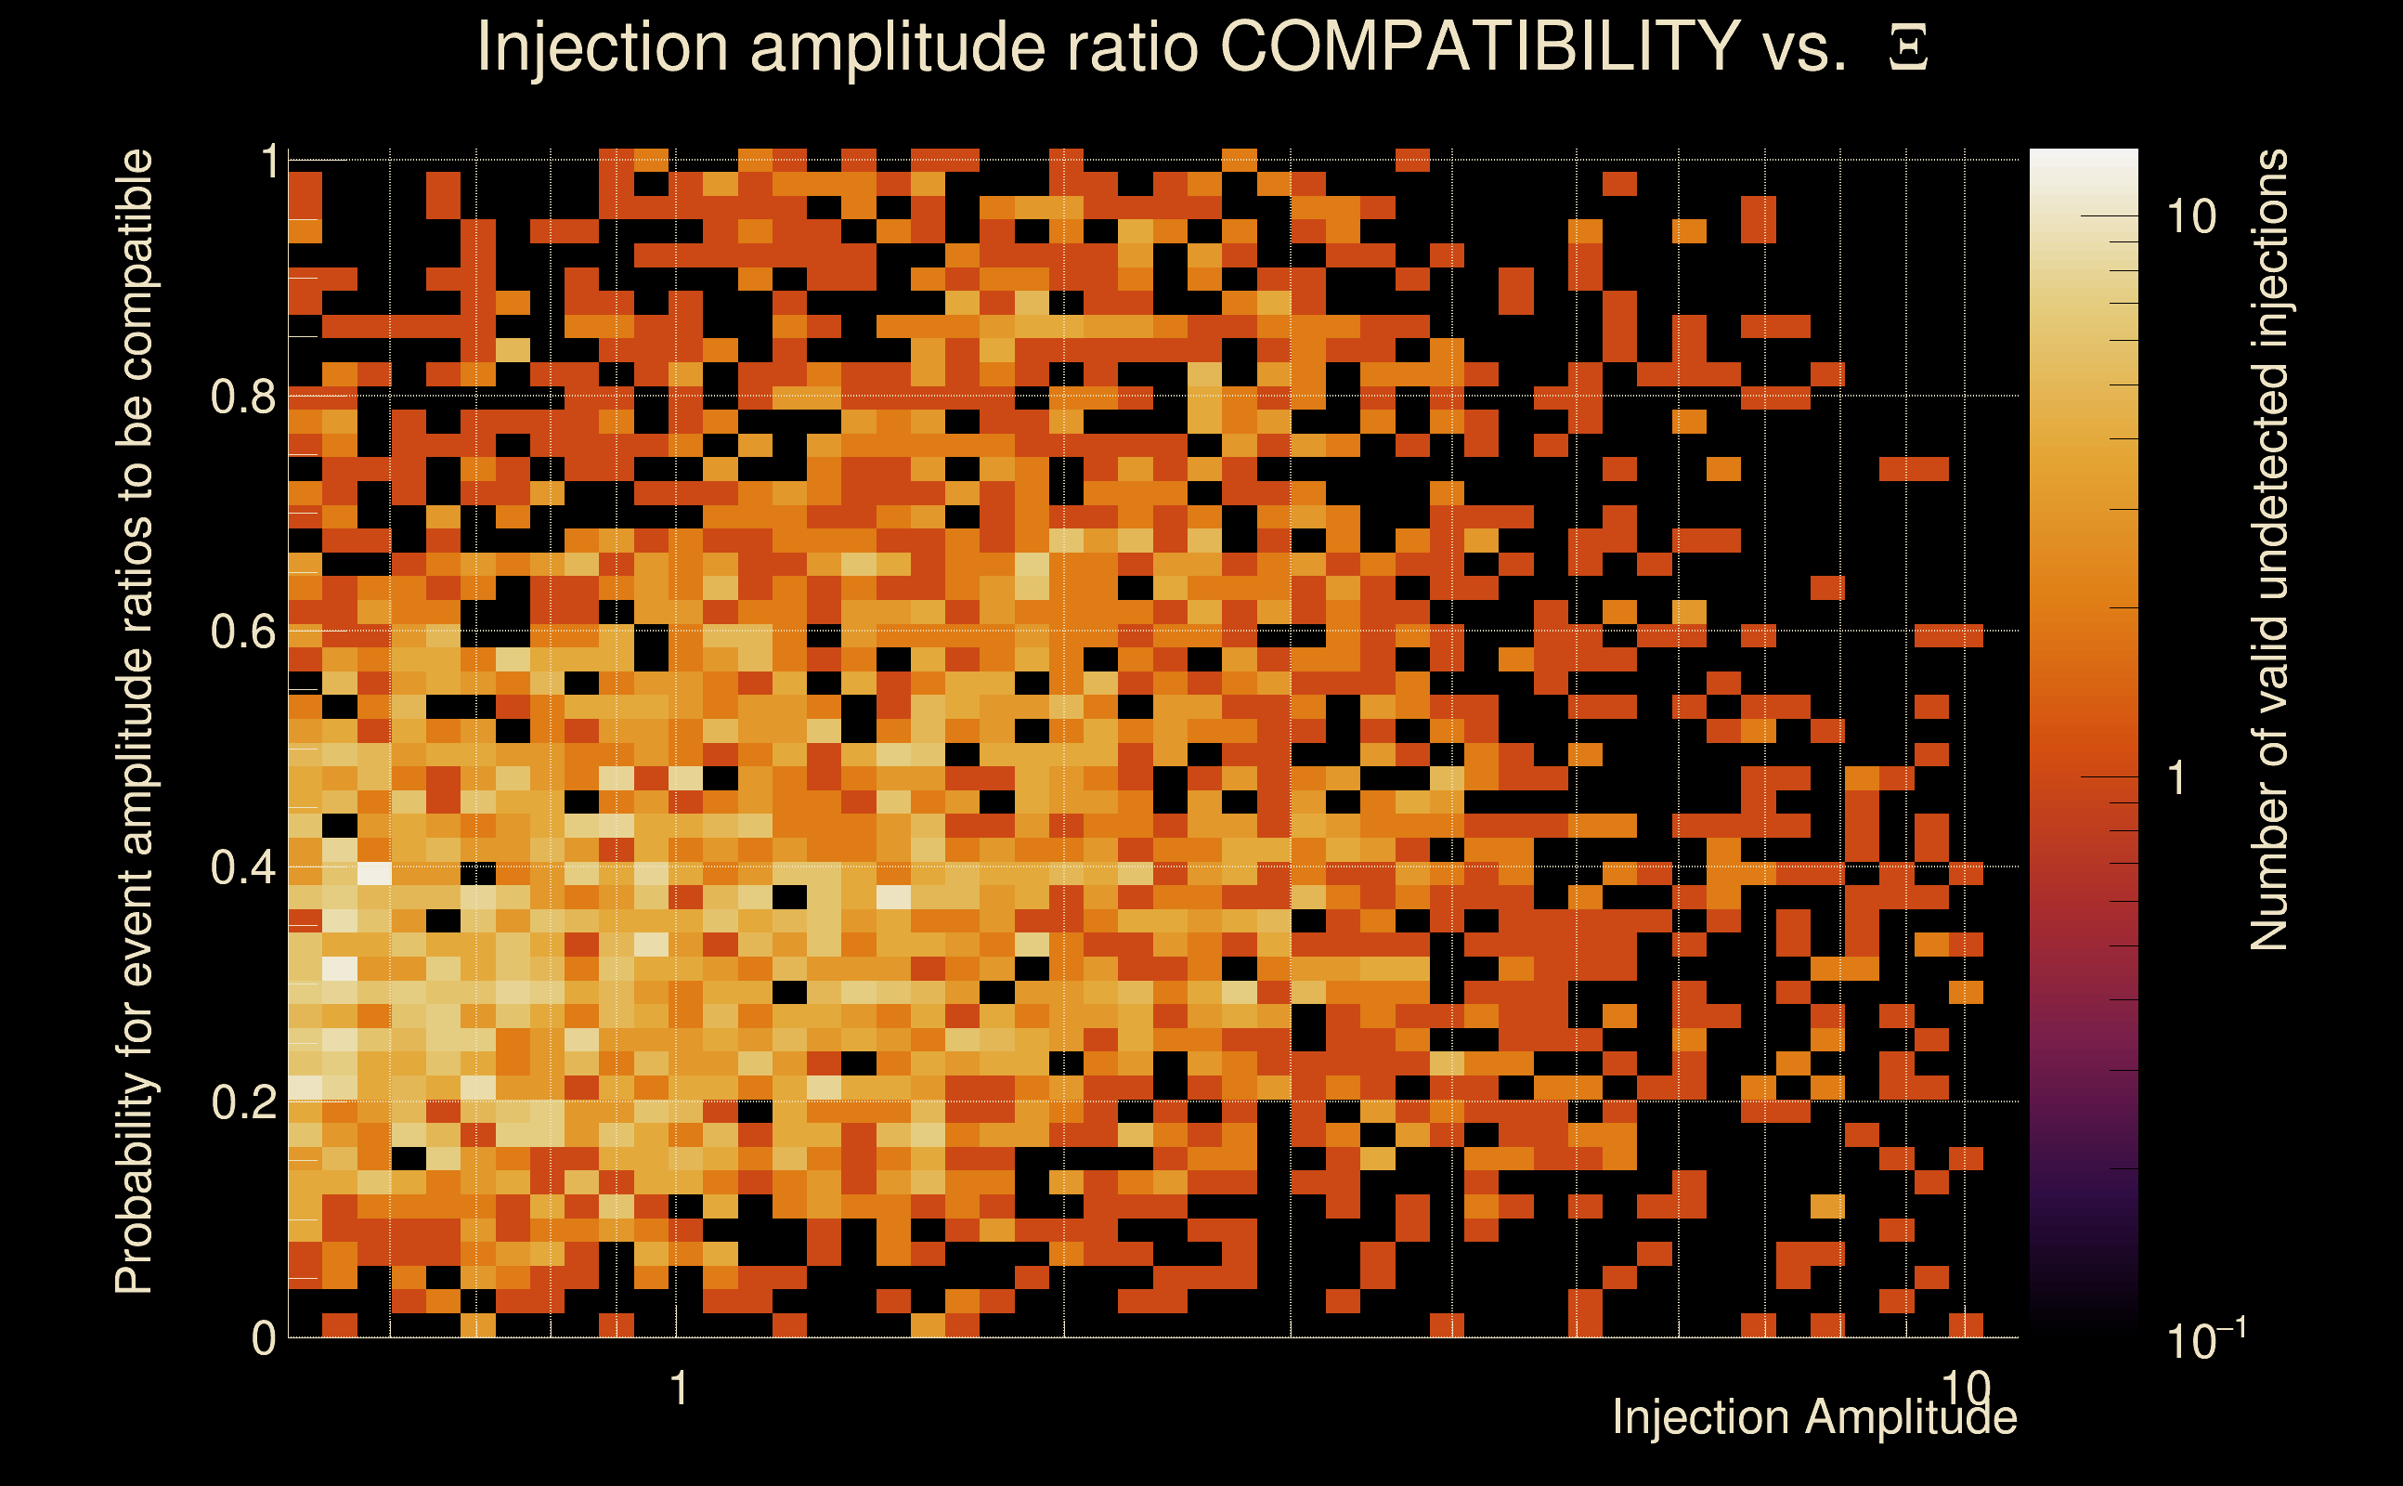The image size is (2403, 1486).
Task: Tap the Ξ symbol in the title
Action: (x=1908, y=47)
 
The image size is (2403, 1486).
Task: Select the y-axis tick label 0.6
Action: (x=242, y=631)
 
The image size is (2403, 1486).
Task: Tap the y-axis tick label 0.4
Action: (x=242, y=867)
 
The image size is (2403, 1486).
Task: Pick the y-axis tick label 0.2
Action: (x=242, y=1101)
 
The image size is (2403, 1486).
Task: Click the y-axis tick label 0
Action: (x=264, y=1337)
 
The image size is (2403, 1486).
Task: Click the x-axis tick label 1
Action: (x=678, y=1388)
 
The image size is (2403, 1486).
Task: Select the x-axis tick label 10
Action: (x=1965, y=1387)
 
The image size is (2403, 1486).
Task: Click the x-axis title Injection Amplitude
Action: (x=1814, y=1417)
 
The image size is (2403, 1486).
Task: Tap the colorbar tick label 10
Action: (x=2190, y=216)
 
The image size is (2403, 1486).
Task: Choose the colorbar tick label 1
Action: (x=2178, y=778)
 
